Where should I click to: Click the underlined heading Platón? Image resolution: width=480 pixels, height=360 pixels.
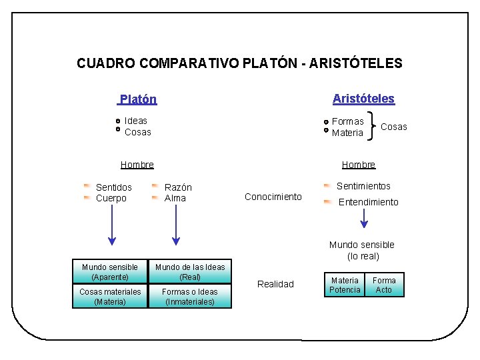pos(138,99)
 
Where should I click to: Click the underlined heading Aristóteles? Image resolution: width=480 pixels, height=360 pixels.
pos(363,99)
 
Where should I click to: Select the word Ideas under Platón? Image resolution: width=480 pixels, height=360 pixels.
pos(136,121)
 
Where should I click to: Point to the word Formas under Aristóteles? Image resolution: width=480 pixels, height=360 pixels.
pos(348,121)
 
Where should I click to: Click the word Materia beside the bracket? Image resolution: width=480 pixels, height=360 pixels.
pos(348,133)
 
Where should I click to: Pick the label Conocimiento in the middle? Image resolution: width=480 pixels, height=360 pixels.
pos(273,197)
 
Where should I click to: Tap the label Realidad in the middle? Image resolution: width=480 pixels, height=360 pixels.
pos(275,284)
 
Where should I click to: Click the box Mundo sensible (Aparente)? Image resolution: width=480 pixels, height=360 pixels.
pos(110,272)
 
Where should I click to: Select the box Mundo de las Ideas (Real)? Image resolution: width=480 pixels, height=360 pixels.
pos(190,272)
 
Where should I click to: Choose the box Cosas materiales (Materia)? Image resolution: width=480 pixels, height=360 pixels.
pos(110,297)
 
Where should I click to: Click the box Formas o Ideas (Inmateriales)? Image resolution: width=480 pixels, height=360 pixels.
pos(190,297)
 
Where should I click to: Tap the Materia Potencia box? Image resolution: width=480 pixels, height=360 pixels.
pos(345,285)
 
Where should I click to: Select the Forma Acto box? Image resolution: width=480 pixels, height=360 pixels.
pos(384,285)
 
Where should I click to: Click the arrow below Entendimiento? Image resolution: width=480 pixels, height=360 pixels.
pos(364,219)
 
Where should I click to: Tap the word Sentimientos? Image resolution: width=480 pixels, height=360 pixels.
pos(363,186)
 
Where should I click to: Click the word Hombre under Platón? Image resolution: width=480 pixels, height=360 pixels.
pos(137,165)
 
